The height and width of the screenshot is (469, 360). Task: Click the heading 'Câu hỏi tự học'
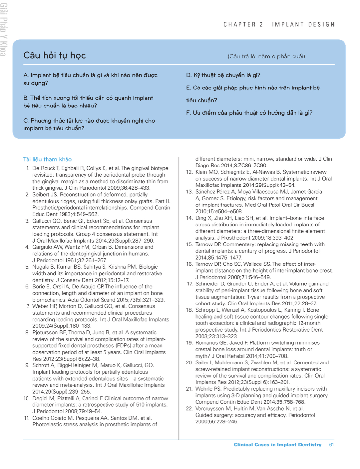(54, 55)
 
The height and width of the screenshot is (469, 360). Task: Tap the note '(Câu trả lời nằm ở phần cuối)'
(266, 56)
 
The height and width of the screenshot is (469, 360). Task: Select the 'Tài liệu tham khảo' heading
(47, 159)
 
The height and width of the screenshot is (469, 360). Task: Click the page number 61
(332, 445)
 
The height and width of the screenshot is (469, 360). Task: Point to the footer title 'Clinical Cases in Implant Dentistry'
(277, 445)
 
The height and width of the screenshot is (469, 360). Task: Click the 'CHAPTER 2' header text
(243, 25)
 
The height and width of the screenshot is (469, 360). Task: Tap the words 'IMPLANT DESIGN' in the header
(303, 25)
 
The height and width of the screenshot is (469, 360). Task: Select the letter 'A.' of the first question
(26, 75)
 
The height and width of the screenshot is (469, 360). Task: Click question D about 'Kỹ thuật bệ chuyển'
(223, 75)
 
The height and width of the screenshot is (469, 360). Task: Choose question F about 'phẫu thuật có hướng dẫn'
(249, 113)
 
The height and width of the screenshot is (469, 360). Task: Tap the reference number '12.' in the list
(189, 172)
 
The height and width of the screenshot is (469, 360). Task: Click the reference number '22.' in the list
(189, 409)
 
